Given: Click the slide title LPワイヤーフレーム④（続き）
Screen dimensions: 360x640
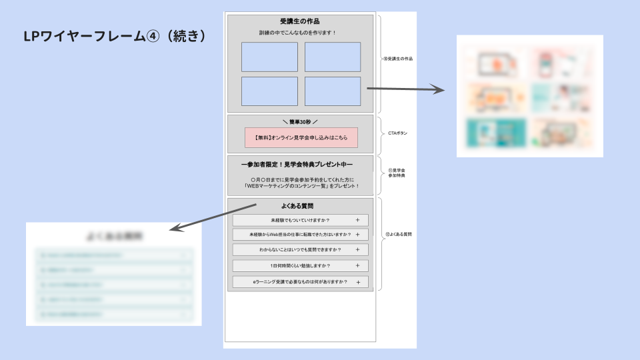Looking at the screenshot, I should pos(114,37).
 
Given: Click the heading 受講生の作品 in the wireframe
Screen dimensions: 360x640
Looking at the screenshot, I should pos(300,21).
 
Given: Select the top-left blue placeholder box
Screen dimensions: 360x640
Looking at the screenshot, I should pos(269,57).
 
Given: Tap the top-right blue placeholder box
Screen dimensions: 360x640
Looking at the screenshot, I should pos(332,57).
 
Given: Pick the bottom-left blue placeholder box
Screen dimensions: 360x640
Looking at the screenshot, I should pos(269,91).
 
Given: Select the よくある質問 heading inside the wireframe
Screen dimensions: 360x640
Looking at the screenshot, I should pos(300,206).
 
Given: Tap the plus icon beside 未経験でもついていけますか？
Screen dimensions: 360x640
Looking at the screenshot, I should pos(357,220).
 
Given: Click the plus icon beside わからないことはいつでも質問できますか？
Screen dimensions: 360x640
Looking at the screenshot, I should pos(357,250).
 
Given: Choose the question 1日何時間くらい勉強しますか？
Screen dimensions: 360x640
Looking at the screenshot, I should pos(300,266).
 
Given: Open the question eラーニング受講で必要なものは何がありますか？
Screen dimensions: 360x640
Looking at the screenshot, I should pos(300,282).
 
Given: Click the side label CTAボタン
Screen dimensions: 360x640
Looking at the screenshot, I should pos(397,133).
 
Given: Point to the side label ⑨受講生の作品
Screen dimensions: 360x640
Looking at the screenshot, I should pos(398,59).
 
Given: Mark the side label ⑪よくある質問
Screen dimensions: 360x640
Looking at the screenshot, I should pos(399,235).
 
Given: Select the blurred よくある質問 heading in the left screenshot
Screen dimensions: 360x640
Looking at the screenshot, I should pos(115,236).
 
